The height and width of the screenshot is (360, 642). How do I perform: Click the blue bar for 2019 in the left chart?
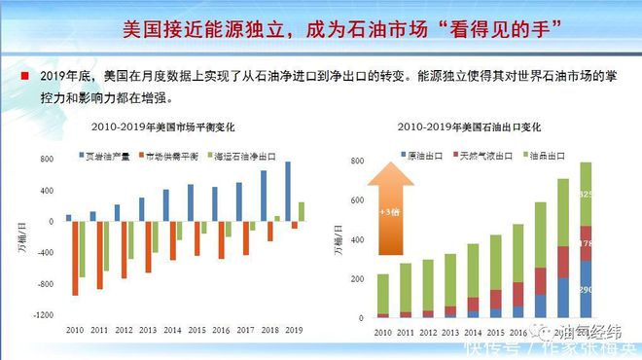tap(287, 191)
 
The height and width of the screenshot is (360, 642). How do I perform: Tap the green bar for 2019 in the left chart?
tap(301, 211)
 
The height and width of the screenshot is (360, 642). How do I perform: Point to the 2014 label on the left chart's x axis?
tap(171, 331)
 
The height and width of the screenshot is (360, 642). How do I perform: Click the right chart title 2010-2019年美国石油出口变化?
tap(469, 127)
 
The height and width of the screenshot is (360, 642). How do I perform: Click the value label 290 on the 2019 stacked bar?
tap(612, 290)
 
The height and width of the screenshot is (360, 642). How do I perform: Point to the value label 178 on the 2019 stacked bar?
tap(612, 243)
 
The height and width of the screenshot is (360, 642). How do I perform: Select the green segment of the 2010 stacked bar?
tap(383, 293)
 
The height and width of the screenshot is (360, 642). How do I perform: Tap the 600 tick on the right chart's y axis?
tap(356, 199)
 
